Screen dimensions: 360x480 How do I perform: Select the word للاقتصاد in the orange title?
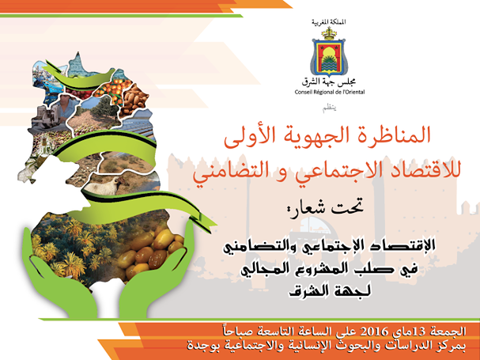click(411, 169)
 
